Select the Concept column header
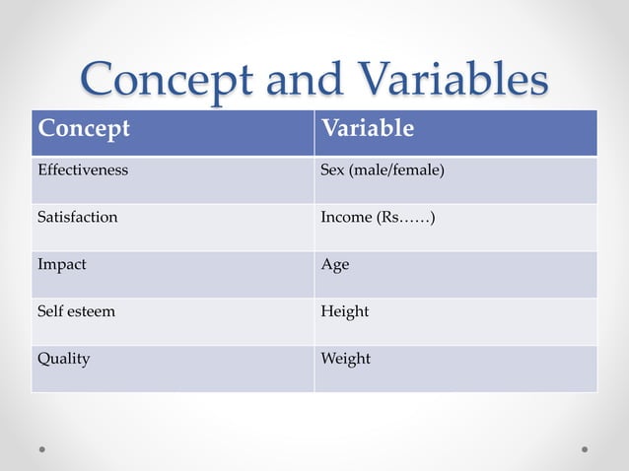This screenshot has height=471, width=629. (x=84, y=129)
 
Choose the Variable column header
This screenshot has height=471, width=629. (x=368, y=129)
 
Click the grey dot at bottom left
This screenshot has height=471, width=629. (x=43, y=448)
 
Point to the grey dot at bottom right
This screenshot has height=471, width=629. (x=585, y=448)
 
